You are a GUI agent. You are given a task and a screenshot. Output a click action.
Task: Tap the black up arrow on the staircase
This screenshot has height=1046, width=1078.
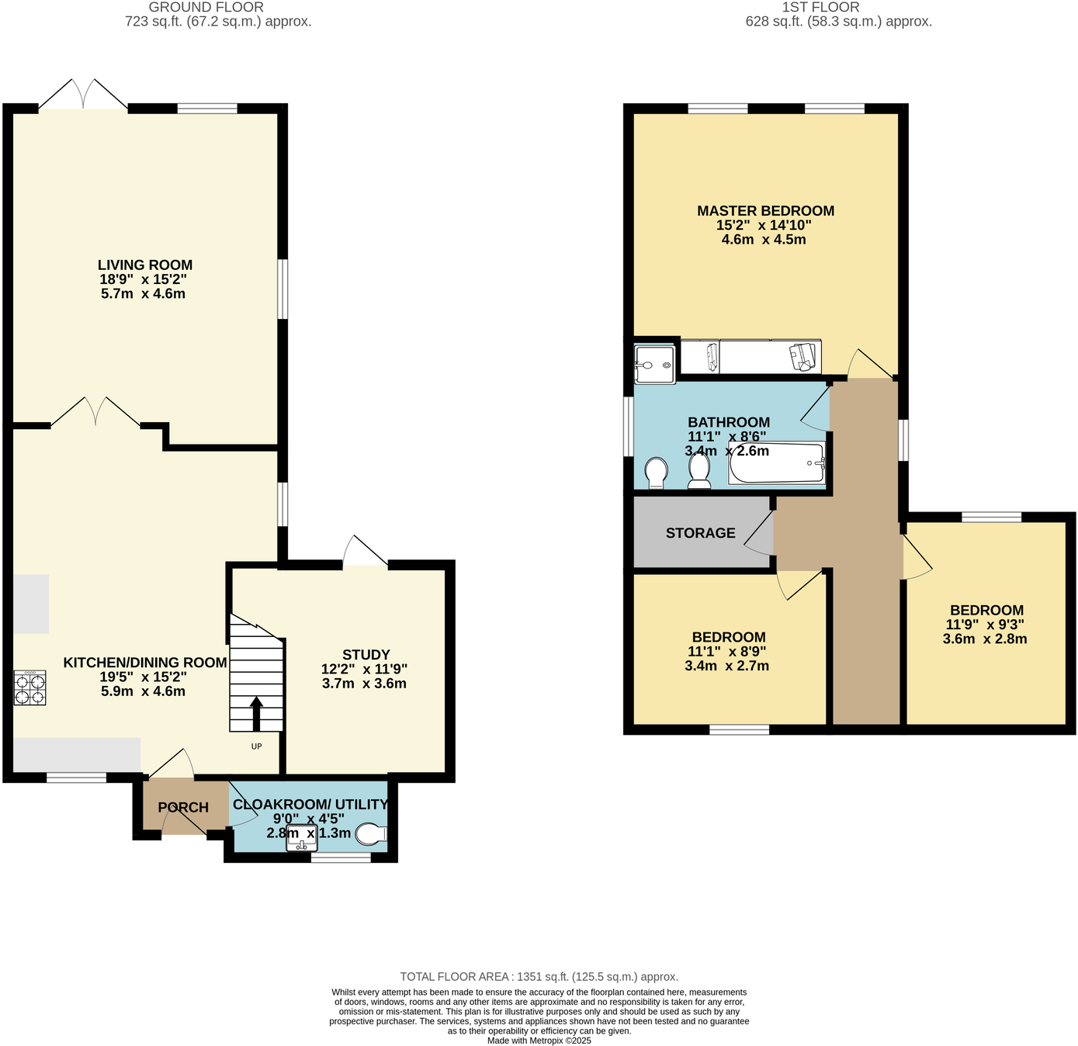(256, 713)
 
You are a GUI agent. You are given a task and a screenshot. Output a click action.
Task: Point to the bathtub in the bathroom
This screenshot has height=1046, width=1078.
(776, 463)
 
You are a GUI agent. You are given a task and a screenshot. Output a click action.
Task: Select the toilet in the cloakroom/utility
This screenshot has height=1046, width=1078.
(371, 834)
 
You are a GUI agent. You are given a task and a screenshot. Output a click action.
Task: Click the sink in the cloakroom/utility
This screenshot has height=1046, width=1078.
(301, 839)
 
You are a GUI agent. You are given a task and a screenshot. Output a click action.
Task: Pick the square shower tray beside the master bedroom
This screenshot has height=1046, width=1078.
(654, 365)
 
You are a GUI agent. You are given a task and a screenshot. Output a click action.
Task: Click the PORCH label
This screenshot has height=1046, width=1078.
(183, 808)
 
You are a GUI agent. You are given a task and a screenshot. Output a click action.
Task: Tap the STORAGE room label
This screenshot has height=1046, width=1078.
(700, 533)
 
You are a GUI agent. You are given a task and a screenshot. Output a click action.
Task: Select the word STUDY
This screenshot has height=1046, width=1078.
(366, 655)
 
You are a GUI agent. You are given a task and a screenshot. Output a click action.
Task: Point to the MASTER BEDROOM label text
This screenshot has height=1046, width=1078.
(765, 211)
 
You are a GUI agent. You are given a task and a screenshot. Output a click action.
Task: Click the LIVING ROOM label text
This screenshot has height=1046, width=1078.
(145, 265)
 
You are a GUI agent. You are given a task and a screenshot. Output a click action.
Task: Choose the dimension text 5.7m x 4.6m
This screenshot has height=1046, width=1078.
(143, 294)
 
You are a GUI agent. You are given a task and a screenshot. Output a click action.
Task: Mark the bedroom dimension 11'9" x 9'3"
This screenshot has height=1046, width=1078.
(985, 625)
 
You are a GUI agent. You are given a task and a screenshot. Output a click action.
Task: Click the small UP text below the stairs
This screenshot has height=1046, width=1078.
(256, 746)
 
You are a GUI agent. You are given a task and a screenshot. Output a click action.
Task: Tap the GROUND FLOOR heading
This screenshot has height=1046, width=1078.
(206, 7)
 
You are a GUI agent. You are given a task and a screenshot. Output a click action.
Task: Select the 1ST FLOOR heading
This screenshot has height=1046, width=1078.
(820, 7)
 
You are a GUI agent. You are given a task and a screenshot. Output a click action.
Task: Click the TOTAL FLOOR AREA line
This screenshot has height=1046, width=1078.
(539, 977)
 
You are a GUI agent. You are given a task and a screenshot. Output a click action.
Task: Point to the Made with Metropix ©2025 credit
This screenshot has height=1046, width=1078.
(539, 1041)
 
